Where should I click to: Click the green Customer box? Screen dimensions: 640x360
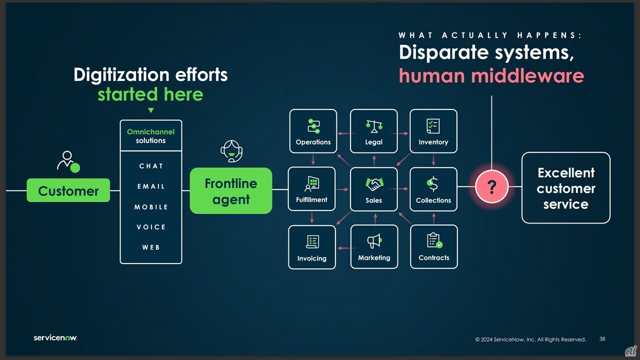coord(68,190)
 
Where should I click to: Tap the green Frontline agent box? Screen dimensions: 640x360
coord(231,191)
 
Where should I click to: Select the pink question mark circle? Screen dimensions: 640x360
coord(491,187)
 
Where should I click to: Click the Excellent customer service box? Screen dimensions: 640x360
coord(565,188)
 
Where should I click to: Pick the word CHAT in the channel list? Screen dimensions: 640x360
coord(151,166)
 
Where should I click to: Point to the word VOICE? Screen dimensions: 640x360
coord(151,227)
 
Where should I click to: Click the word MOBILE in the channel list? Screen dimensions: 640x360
coord(151,207)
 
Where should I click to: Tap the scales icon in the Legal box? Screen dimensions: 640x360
coord(374,126)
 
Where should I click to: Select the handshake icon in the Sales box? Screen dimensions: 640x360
coord(374,184)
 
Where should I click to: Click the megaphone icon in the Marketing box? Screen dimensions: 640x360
coord(374,241)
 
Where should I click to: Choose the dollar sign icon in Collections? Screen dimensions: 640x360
coord(433,183)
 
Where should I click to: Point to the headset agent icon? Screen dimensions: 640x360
coord(231,151)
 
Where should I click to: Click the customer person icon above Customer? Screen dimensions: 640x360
coord(68,161)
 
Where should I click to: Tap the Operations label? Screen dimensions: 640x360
coord(313,142)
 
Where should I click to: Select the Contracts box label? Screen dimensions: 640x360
coord(433,257)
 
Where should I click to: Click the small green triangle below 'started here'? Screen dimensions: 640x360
coord(151,110)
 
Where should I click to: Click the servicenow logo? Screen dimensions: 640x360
coord(55,337)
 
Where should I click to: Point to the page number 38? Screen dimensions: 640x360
coord(602,339)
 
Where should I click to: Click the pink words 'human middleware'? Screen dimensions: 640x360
coord(491,75)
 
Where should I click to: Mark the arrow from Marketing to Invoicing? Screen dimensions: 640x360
coord(344,248)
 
